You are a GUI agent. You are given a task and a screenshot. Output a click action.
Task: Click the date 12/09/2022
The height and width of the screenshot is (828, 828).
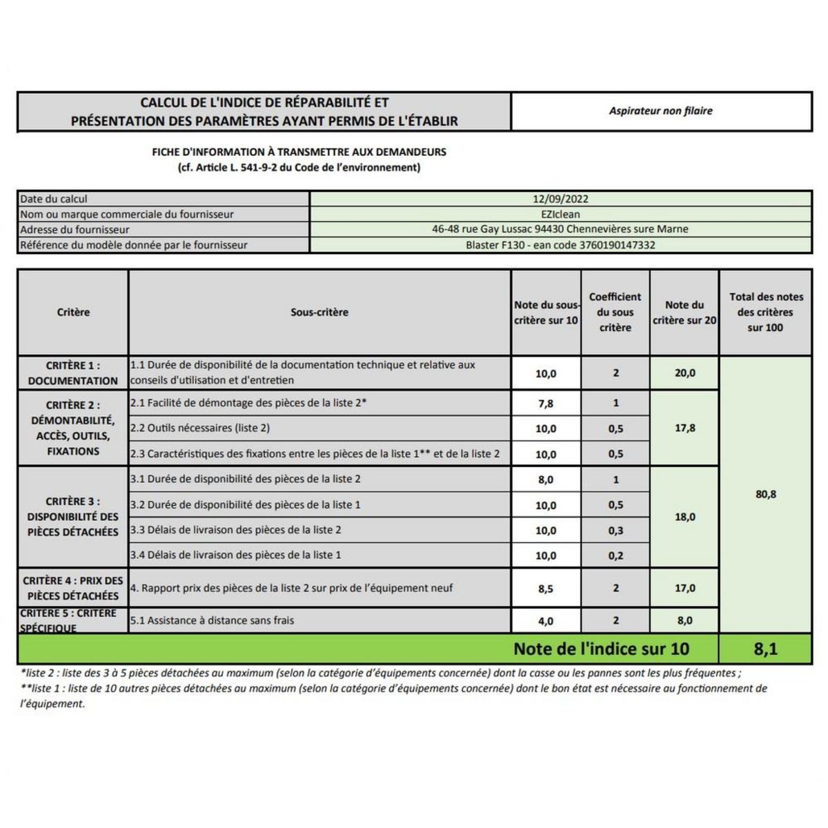(560, 199)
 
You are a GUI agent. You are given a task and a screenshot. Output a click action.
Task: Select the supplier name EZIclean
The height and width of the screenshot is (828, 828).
(560, 214)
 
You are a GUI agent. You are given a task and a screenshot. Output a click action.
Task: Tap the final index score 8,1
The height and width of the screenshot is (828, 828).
(765, 649)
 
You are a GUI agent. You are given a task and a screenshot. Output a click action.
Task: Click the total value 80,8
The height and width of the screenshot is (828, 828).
(766, 494)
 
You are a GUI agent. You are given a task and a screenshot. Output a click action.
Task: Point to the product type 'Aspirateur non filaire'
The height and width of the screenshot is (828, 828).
(660, 111)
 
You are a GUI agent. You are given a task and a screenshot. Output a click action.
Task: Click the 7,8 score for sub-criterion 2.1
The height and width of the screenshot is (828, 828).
(546, 404)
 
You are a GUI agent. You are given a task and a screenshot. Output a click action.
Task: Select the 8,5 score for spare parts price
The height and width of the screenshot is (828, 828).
(546, 589)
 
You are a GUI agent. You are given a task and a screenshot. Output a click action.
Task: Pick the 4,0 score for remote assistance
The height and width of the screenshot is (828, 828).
(546, 621)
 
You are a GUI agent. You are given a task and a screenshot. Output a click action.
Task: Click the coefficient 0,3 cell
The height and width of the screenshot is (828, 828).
(615, 531)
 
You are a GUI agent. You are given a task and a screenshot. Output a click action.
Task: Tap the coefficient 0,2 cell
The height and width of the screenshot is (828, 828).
(615, 555)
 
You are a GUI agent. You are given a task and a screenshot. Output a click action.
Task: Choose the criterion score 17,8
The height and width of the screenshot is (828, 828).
(684, 428)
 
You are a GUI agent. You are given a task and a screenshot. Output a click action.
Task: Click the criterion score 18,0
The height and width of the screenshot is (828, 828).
(684, 517)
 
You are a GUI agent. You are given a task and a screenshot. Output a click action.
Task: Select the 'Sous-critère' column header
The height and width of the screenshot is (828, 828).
(319, 313)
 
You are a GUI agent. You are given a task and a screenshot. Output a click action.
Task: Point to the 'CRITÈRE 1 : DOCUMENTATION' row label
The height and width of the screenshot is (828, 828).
(73, 373)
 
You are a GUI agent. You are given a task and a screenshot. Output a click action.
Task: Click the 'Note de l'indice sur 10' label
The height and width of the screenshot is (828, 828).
(601, 649)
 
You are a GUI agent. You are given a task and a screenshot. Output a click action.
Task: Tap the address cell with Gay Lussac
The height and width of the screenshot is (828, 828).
(560, 229)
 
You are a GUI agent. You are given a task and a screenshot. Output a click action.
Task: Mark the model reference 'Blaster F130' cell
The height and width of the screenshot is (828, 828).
(560, 245)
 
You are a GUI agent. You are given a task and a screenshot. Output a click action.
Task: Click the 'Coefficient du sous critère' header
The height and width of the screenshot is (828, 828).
(615, 312)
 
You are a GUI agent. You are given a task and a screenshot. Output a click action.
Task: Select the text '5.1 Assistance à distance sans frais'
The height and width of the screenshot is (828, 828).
(212, 620)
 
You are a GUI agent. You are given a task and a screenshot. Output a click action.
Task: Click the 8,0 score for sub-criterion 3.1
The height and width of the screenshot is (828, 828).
(546, 480)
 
